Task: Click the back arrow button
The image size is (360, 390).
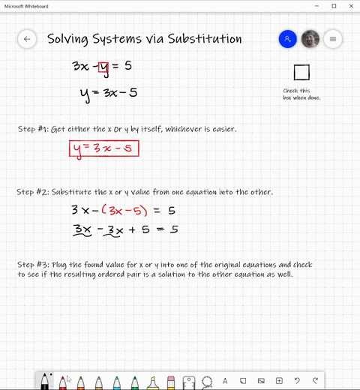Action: click(x=27, y=39)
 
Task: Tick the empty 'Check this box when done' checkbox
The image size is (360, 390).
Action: click(x=301, y=73)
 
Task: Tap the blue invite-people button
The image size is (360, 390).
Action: click(x=287, y=39)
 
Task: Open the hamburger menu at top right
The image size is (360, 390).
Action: click(x=333, y=39)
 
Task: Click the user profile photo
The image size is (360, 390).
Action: click(x=310, y=39)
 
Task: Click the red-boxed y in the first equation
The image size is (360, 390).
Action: click(x=103, y=67)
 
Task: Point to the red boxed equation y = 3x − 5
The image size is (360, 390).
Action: click(x=104, y=149)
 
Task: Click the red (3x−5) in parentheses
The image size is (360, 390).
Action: click(x=124, y=211)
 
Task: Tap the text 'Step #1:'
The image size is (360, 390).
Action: click(x=33, y=130)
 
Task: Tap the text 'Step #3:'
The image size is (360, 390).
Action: click(x=33, y=265)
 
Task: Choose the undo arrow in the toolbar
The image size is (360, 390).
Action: click(x=297, y=382)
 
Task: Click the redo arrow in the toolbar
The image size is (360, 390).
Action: click(x=315, y=382)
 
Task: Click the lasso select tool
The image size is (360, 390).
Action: click(x=207, y=382)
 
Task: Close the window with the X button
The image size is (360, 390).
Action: click(x=351, y=6)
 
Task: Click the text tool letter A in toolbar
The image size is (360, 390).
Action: click(x=225, y=382)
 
